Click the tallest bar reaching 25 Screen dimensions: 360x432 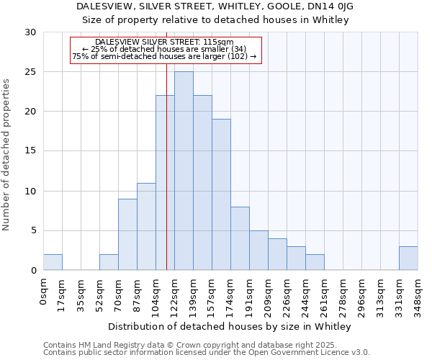tap(184, 171)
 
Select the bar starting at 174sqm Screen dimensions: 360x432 tap(240, 238)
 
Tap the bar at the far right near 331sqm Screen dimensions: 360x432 tap(408, 258)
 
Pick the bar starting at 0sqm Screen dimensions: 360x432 tap(53, 263)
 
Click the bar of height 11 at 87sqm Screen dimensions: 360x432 tap(146, 227)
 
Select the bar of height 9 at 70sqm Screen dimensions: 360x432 tap(127, 235)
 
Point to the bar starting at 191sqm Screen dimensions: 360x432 tap(258, 251)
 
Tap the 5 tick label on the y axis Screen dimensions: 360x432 tap(33, 231)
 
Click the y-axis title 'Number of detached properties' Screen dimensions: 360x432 tap(7, 155)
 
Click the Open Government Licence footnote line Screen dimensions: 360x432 tap(207, 353)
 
